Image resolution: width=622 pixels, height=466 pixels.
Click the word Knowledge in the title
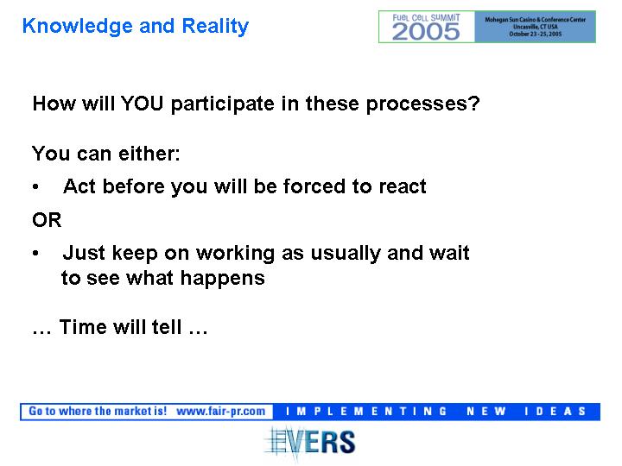pyautogui.click(x=78, y=27)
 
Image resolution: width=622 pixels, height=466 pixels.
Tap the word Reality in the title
pyautogui.click(x=215, y=27)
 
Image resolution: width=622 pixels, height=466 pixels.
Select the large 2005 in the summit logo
pyautogui.click(x=426, y=32)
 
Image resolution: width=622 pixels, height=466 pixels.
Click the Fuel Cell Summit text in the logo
pyautogui.click(x=426, y=17)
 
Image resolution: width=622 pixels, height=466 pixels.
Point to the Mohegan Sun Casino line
pyautogui.click(x=535, y=19)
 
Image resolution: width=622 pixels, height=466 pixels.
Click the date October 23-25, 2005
pyautogui.click(x=535, y=34)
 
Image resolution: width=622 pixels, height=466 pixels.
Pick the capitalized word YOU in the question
pyautogui.click(x=142, y=104)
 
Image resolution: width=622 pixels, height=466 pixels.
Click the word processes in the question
pyautogui.click(x=422, y=105)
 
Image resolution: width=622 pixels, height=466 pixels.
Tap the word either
pyautogui.click(x=149, y=154)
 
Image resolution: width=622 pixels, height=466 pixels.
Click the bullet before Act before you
pyautogui.click(x=35, y=186)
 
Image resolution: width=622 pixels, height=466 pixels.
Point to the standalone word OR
pyautogui.click(x=47, y=220)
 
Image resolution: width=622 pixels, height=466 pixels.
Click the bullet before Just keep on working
pyautogui.click(x=35, y=253)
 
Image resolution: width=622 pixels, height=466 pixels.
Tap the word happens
pyautogui.click(x=223, y=279)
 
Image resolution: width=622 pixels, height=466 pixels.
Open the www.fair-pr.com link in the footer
pyautogui.click(x=220, y=412)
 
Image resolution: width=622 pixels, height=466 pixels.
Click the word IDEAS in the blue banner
pyautogui.click(x=555, y=412)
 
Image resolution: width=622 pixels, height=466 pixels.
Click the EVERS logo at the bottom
pyautogui.click(x=310, y=443)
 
